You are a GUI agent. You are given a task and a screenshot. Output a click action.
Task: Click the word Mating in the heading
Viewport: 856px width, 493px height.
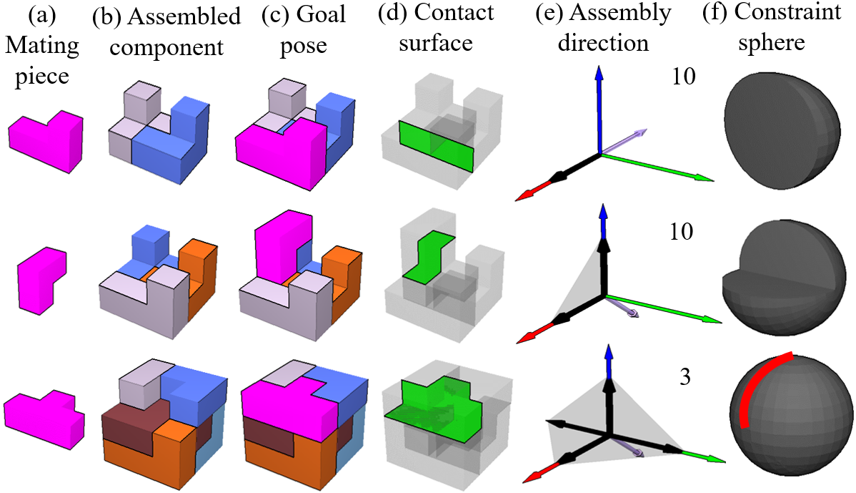tap(43, 46)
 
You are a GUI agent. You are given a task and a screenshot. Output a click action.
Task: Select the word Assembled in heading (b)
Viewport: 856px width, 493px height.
tap(184, 17)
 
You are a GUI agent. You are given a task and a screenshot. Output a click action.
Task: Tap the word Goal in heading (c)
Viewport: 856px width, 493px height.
tap(321, 14)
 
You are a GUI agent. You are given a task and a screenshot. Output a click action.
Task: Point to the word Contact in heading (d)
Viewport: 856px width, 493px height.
tap(454, 13)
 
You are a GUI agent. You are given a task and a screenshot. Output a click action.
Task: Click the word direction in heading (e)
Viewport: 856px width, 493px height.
tap(603, 43)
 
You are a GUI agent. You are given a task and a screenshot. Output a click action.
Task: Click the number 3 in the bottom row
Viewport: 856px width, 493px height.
tap(685, 376)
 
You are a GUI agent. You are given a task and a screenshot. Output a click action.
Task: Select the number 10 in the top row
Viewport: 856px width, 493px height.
tap(684, 76)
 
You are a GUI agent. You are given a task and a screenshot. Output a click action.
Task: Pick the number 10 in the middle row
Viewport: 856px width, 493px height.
tap(682, 232)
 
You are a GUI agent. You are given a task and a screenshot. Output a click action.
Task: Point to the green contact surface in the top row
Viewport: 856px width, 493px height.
tap(435, 145)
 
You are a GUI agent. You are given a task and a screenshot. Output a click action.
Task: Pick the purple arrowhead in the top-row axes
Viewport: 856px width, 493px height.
tap(641, 133)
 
